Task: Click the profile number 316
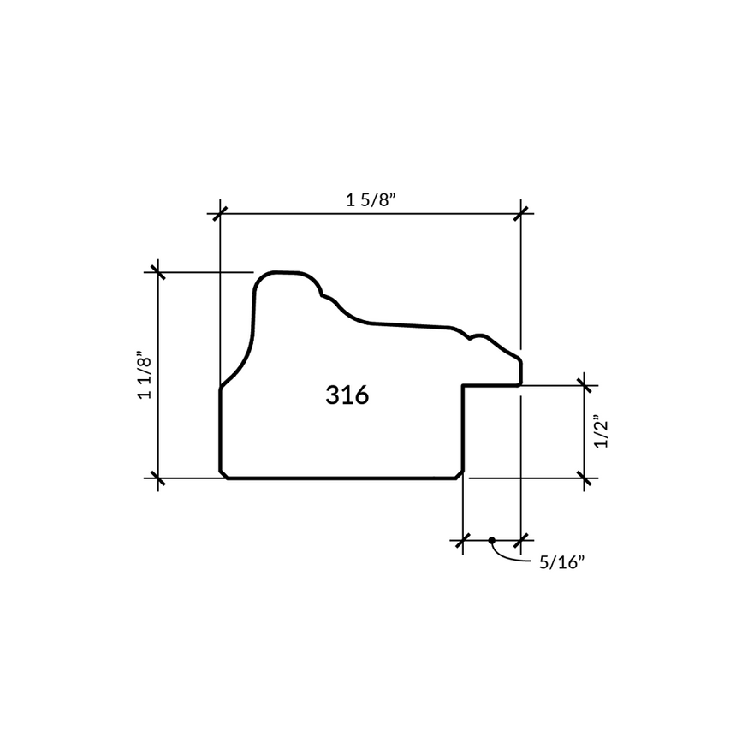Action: pos(347,395)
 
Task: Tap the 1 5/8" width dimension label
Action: pos(371,200)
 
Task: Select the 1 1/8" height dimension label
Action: pos(145,375)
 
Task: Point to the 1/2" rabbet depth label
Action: pos(602,431)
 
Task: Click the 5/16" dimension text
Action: pos(562,562)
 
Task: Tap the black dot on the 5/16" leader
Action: pos(491,540)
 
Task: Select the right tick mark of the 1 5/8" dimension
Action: pos(520,214)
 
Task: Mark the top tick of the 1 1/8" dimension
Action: pos(158,272)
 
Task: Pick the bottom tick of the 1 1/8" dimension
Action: pos(158,478)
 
